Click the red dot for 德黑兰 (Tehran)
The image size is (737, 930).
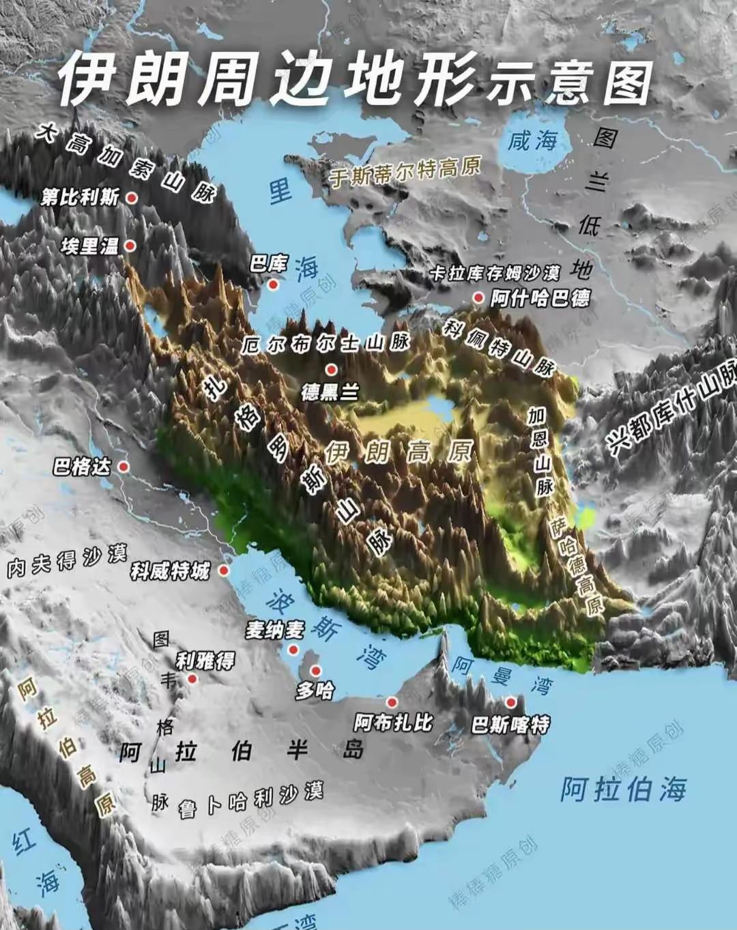point(331,370)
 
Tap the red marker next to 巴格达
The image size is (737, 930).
point(124,467)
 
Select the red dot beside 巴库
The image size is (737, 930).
point(273,284)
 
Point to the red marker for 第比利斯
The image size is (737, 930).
point(132,198)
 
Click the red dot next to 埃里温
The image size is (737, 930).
point(130,246)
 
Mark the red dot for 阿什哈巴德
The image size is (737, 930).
point(478,297)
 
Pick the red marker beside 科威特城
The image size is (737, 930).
point(224,570)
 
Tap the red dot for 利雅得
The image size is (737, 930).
point(192,679)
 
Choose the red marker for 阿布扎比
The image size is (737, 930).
point(392,702)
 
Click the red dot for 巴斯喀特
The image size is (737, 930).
point(510,702)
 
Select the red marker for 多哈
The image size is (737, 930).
point(315,671)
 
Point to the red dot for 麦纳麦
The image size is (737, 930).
point(295,648)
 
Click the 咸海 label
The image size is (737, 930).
point(532,141)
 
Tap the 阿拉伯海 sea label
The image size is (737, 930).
point(623,789)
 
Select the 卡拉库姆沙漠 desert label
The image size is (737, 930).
point(495,274)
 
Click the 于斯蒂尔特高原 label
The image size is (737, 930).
point(405,171)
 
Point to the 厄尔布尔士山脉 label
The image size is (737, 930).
point(324,344)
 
